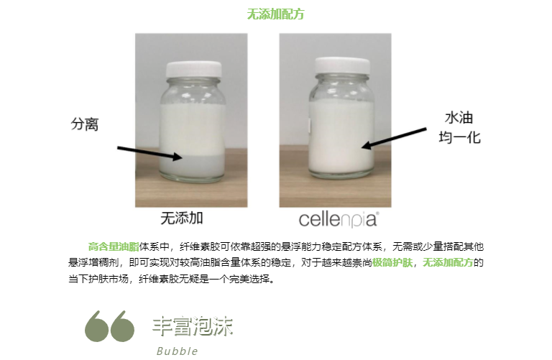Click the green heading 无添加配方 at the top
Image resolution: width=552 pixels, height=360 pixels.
275,14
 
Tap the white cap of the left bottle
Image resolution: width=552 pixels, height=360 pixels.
194,69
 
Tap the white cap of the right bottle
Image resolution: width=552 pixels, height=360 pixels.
342,66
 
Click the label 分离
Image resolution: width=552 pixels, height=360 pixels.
85,124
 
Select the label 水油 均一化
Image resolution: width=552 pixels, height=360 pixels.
459,127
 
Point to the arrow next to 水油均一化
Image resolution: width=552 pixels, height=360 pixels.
394,138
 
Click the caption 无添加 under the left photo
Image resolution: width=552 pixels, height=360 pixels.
182,218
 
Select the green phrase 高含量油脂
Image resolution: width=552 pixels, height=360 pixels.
114,246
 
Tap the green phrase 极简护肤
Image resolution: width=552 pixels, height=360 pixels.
392,262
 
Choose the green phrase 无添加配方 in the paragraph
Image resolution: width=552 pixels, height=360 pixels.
448,262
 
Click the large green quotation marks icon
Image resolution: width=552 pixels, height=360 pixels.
109,326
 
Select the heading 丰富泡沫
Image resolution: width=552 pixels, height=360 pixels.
193,326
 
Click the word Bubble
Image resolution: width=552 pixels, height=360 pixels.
177,351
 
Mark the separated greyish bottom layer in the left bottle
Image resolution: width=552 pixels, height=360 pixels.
192,165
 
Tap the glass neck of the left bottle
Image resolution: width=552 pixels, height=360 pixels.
193,82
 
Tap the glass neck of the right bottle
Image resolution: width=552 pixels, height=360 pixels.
342,78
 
